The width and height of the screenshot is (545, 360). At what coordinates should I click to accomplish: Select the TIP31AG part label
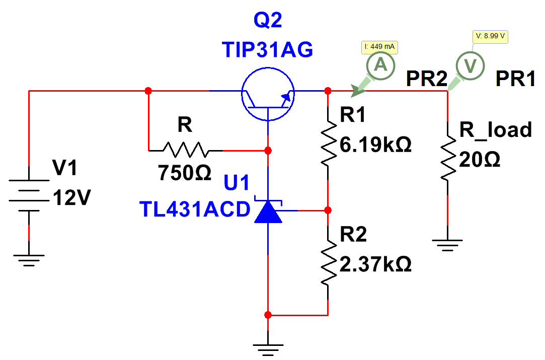(x=267, y=49)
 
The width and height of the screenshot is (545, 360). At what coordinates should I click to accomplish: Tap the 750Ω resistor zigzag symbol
(x=186, y=150)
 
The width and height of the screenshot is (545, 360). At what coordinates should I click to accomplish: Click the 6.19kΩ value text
(x=375, y=145)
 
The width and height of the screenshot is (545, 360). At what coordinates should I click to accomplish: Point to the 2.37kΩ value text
(x=375, y=264)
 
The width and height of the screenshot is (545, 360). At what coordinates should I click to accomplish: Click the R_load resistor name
(x=496, y=130)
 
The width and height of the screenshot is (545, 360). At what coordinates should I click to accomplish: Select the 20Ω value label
(x=480, y=160)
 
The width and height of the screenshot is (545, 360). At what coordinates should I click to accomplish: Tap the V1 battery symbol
(x=29, y=195)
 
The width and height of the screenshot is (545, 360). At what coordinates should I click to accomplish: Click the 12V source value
(x=71, y=197)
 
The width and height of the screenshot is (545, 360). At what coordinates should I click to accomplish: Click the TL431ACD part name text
(x=195, y=209)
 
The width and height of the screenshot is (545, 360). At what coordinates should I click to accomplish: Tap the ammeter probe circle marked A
(x=380, y=65)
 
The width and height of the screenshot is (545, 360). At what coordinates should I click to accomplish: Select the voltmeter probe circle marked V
(x=471, y=66)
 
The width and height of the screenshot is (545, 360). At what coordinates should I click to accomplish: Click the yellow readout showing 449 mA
(x=379, y=47)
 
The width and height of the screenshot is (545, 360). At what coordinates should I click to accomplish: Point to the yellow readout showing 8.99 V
(x=490, y=37)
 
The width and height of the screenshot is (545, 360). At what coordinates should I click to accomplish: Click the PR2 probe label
(x=426, y=79)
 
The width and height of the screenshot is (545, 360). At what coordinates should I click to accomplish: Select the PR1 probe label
(x=515, y=79)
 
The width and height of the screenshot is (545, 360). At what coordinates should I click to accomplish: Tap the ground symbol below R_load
(x=447, y=245)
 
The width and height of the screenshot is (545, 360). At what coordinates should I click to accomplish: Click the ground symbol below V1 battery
(x=29, y=260)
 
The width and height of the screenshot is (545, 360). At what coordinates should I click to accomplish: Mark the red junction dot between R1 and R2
(x=328, y=210)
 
